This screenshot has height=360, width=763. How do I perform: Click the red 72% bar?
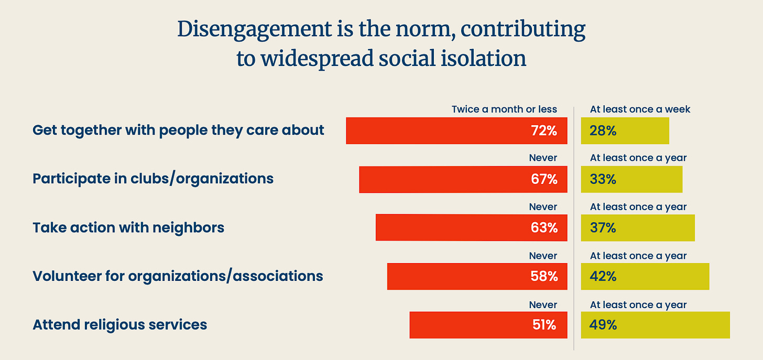click(x=456, y=131)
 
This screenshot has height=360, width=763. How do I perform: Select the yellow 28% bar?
click(x=625, y=131)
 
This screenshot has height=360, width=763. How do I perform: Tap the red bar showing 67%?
click(x=463, y=180)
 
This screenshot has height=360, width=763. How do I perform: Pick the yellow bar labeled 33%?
click(x=632, y=180)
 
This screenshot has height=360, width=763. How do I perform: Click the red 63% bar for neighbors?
click(x=472, y=228)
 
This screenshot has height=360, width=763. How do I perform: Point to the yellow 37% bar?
click(x=638, y=228)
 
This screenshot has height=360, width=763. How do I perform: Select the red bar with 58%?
click(x=477, y=277)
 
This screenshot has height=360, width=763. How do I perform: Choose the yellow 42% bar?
click(x=645, y=277)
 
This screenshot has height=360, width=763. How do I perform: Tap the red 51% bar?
click(x=488, y=325)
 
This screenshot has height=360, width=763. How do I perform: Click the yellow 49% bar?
click(x=656, y=325)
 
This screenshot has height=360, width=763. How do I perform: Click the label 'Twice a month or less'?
click(x=504, y=110)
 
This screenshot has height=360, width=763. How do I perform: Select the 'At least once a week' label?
click(x=640, y=110)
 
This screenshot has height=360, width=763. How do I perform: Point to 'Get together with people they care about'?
click(x=178, y=130)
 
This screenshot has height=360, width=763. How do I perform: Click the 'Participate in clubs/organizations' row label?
click(x=153, y=179)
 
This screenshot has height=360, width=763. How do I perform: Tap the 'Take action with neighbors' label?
click(x=128, y=227)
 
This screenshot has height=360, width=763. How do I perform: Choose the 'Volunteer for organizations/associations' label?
click(x=178, y=276)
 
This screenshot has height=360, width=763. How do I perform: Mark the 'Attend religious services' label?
click(x=120, y=324)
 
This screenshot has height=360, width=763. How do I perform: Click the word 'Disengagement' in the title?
click(x=255, y=30)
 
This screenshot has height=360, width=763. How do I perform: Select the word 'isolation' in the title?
click(x=484, y=58)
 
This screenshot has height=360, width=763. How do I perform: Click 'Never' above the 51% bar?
click(x=543, y=305)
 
